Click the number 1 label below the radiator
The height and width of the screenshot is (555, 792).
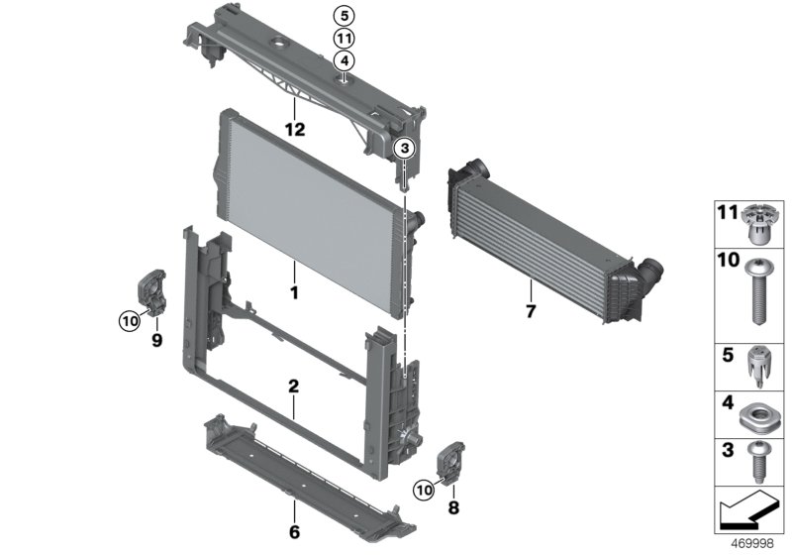[293, 294]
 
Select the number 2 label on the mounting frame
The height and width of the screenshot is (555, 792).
[293, 385]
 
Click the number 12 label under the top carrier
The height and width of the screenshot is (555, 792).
[294, 129]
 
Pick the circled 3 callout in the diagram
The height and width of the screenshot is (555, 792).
[404, 149]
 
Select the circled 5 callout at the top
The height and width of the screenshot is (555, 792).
[343, 15]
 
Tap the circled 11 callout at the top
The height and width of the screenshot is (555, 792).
[343, 38]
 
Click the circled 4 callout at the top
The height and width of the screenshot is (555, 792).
[343, 60]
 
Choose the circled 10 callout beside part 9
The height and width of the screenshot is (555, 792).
[129, 319]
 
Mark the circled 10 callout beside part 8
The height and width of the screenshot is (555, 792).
[423, 487]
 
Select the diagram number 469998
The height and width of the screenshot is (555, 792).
[749, 545]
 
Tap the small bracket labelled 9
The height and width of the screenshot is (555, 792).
[150, 293]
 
